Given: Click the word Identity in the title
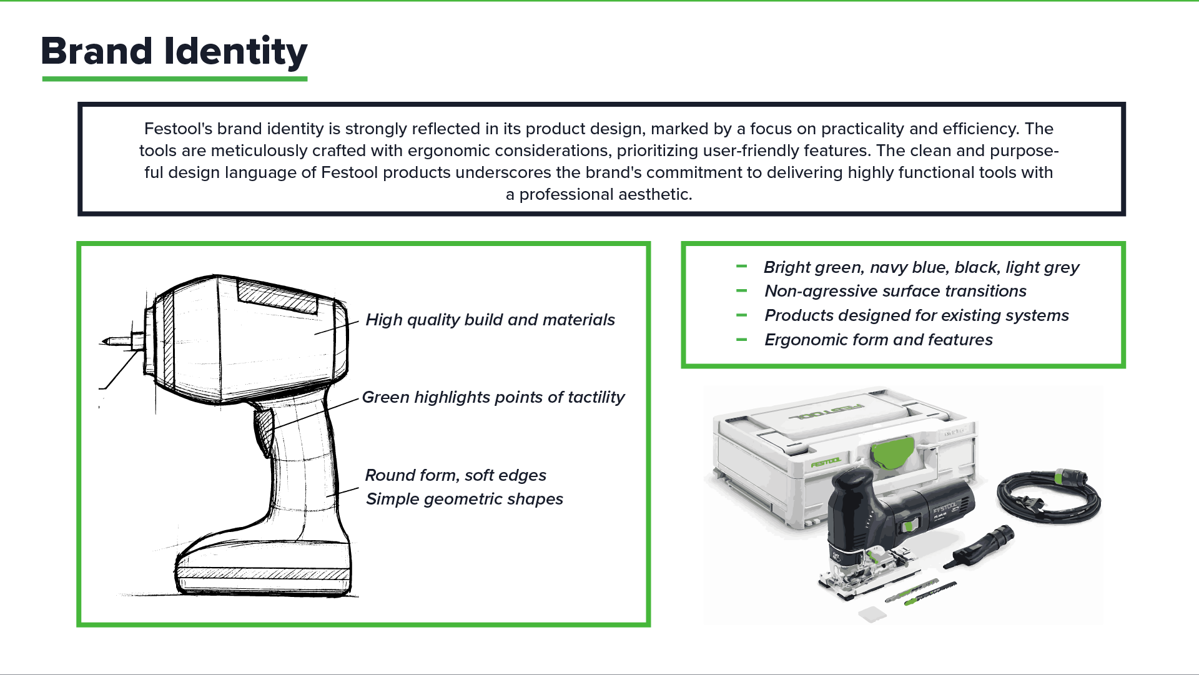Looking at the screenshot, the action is click(x=235, y=51).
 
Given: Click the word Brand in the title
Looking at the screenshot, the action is click(x=97, y=51).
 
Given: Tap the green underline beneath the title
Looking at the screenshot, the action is click(x=174, y=79).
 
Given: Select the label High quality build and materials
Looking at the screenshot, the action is click(x=490, y=320).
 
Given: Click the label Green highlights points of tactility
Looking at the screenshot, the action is click(x=493, y=397).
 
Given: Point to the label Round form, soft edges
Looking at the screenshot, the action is click(x=455, y=475).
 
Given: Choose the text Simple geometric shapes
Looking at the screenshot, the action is click(x=464, y=499).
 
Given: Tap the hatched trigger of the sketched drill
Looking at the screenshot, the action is click(x=264, y=430).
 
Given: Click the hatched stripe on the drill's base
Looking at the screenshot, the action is click(x=262, y=574).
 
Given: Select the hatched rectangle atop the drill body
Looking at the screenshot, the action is click(x=278, y=296).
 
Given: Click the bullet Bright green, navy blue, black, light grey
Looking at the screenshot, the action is click(x=921, y=267).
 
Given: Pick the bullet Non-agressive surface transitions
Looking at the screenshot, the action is click(x=896, y=291).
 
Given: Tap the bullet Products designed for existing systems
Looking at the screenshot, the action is click(x=916, y=315).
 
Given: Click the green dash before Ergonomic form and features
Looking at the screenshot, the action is click(x=742, y=340).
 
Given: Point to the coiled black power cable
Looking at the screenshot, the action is click(x=1049, y=500).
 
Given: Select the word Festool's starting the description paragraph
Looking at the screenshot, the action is click(x=178, y=129).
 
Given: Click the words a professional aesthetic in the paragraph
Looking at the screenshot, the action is click(x=599, y=194).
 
